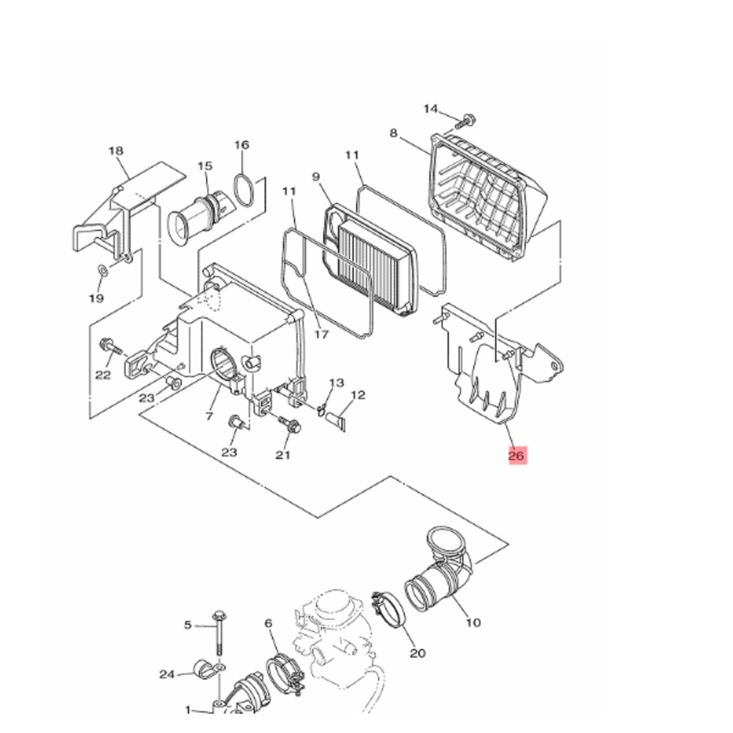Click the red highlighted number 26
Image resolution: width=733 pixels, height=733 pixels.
[518, 455]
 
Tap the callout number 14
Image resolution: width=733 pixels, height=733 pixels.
[430, 109]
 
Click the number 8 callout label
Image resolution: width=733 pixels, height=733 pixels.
[393, 133]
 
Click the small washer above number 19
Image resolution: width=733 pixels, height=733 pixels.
[102, 270]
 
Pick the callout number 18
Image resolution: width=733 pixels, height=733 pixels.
[115, 150]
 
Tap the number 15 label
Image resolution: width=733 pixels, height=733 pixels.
[205, 165]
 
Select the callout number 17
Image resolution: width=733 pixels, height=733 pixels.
[321, 334]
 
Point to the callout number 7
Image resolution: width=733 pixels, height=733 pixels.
[209, 416]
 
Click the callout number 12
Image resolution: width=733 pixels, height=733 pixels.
[358, 395]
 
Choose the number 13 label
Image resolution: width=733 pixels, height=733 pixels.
[336, 383]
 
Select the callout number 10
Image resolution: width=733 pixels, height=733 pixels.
[473, 622]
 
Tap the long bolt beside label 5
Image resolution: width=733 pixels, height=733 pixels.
[219, 634]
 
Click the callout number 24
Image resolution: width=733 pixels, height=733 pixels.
[167, 674]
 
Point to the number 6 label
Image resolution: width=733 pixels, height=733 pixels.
[268, 623]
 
